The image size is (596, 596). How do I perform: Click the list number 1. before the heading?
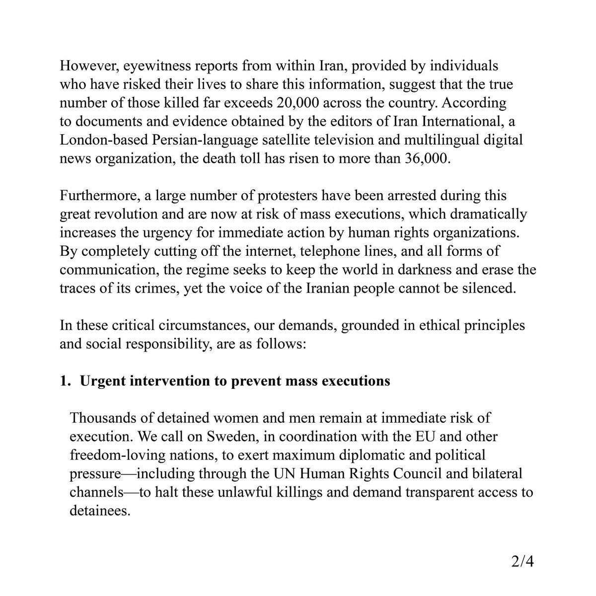[66, 381]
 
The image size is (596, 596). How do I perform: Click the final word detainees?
[99, 511]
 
